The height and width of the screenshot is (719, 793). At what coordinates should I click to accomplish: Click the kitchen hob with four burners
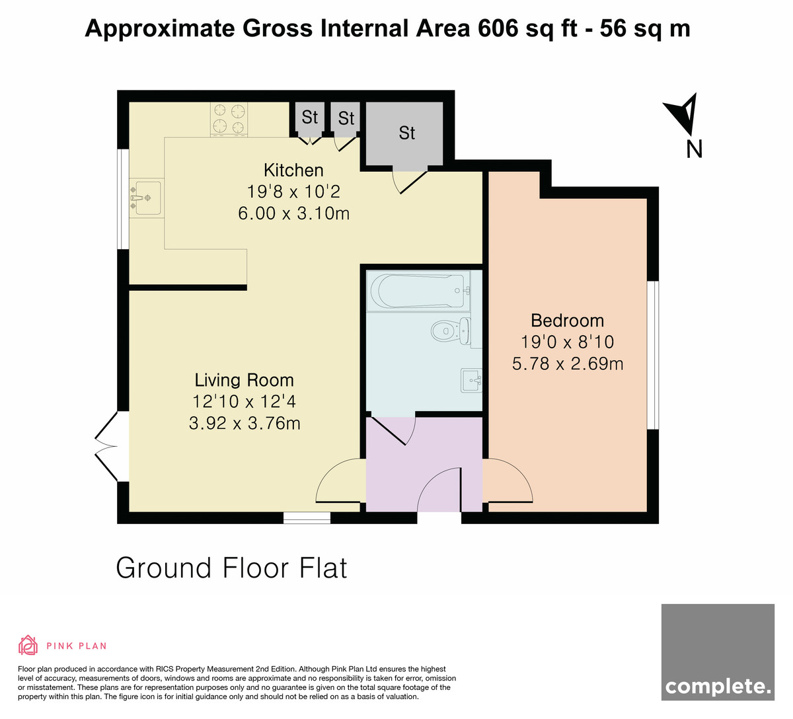click(x=229, y=120)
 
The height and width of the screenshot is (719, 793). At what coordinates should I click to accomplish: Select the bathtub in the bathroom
click(x=418, y=291)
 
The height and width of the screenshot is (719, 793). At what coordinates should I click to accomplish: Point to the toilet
click(x=451, y=330)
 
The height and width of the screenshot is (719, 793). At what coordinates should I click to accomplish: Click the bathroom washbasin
click(x=471, y=381)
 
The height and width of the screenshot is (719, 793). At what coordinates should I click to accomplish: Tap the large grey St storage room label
click(x=407, y=133)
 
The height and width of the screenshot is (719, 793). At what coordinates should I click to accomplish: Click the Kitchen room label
click(x=293, y=170)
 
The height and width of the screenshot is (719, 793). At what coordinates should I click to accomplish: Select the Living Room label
click(x=245, y=380)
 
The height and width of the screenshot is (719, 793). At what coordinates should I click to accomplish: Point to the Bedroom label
click(x=567, y=321)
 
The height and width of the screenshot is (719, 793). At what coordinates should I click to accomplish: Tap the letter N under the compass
click(x=694, y=149)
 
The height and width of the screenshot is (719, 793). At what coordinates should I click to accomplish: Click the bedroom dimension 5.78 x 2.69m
click(x=568, y=363)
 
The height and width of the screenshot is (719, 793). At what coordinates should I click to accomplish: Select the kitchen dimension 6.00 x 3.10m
click(x=293, y=213)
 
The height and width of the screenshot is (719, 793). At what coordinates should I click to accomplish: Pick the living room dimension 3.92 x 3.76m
click(x=245, y=423)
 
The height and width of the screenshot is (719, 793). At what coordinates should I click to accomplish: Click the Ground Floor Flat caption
click(x=232, y=568)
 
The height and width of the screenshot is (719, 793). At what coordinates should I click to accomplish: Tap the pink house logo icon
click(x=28, y=645)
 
